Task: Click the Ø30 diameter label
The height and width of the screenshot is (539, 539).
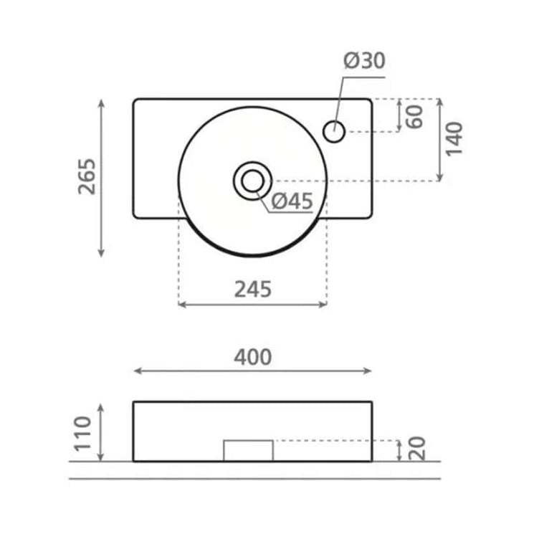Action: (364, 60)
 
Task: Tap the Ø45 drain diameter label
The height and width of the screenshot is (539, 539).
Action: (292, 201)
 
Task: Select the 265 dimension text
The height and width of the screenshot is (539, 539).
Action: (87, 177)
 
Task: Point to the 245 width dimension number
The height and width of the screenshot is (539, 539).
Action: (253, 289)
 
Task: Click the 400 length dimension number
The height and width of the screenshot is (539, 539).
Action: (253, 357)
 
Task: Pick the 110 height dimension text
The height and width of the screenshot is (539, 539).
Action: (83, 433)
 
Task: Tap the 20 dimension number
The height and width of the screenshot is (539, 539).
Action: (417, 449)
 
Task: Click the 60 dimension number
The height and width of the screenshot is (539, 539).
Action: (414, 117)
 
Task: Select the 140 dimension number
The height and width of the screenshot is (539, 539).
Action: (454, 139)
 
